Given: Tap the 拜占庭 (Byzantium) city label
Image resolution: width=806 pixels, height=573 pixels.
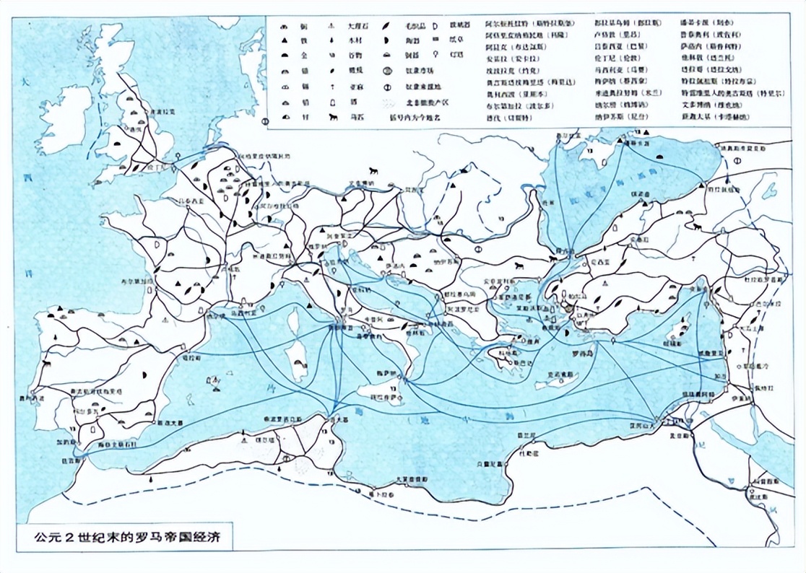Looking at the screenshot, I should (x=564, y=252).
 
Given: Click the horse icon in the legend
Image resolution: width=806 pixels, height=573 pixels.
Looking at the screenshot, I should (x=335, y=117).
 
